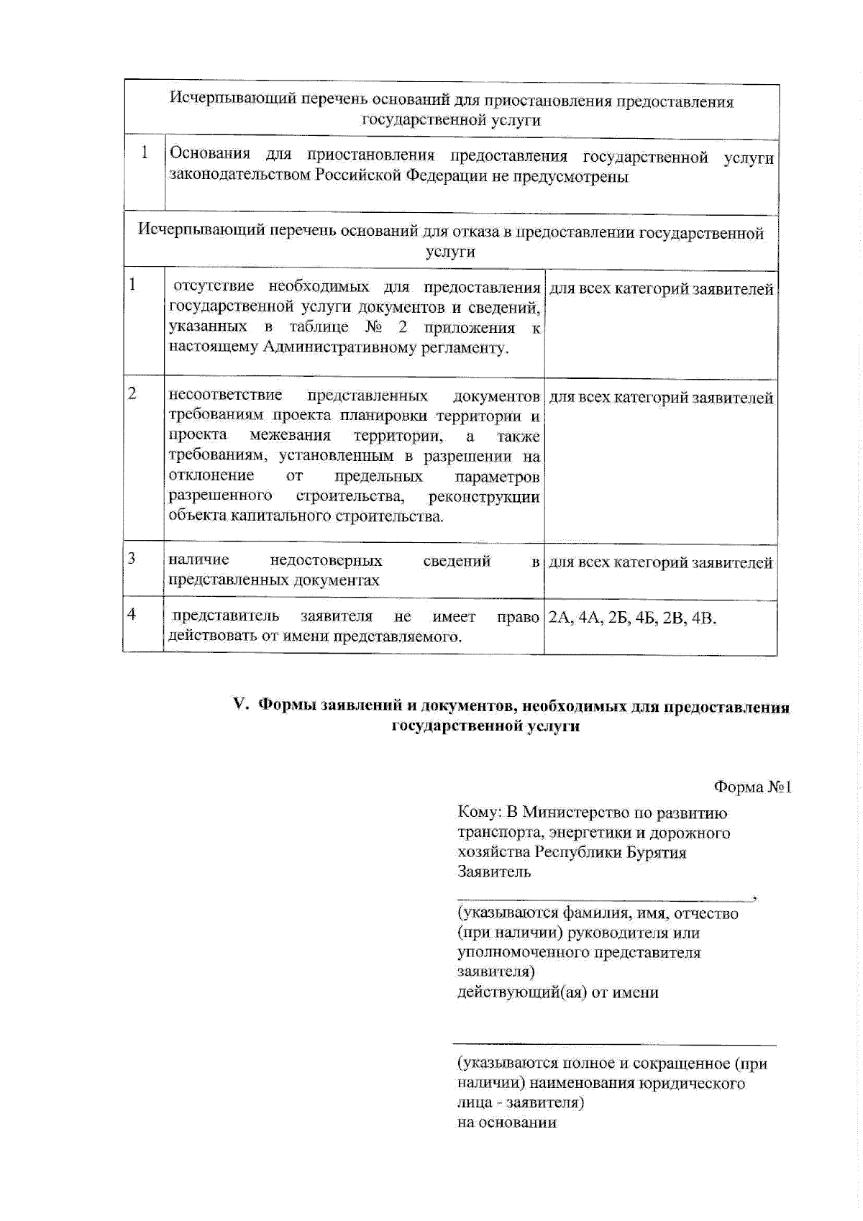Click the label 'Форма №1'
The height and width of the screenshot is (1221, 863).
[x=752, y=787]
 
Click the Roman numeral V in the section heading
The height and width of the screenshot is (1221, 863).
[x=240, y=705]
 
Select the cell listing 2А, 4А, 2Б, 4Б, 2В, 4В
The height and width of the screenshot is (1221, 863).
[x=632, y=618]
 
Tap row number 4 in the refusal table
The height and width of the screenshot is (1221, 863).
[x=132, y=614]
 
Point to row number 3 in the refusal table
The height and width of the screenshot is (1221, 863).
[x=132, y=559]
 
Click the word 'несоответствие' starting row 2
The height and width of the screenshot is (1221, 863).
[x=224, y=395]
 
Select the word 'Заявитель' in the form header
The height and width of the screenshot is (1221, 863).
[x=494, y=872]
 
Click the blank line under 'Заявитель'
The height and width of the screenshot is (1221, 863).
[x=604, y=898]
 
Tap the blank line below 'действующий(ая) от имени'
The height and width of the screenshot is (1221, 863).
[x=614, y=1043]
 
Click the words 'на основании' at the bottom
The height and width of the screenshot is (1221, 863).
[x=507, y=1122]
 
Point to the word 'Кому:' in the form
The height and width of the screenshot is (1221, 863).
[x=479, y=813]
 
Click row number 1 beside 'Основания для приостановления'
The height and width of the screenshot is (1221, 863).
[x=145, y=152]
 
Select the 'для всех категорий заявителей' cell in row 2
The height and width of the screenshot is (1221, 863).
[x=660, y=398]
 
